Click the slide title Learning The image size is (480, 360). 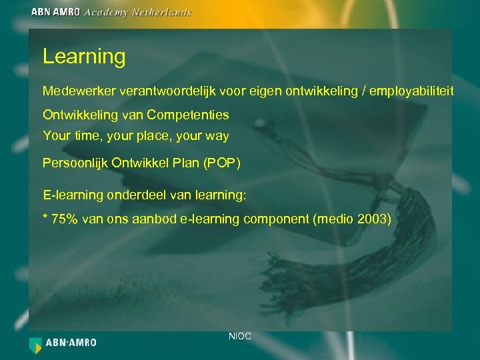(84, 57)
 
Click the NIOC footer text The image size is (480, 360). (239, 337)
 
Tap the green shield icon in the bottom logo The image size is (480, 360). (35, 344)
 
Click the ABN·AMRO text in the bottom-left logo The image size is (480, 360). (71, 343)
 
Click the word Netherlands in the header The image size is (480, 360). (164, 12)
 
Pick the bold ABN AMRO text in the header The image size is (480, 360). (55, 12)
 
